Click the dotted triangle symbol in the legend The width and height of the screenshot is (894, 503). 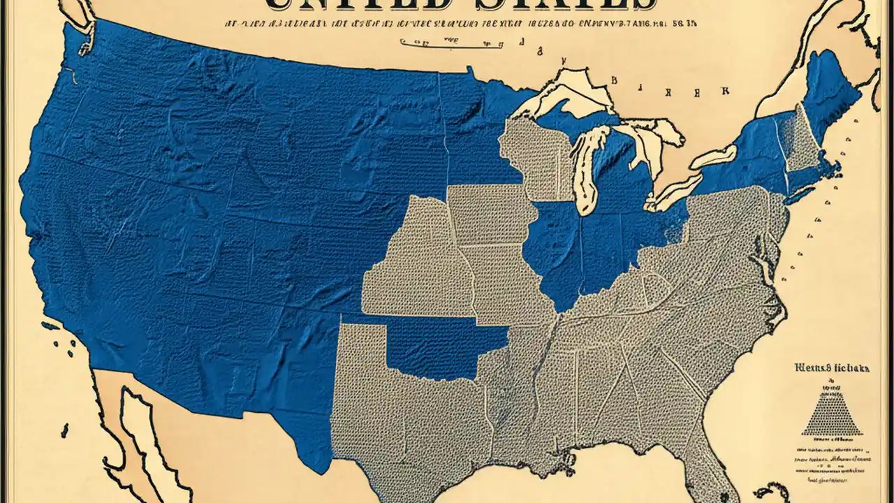(x=830, y=412)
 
